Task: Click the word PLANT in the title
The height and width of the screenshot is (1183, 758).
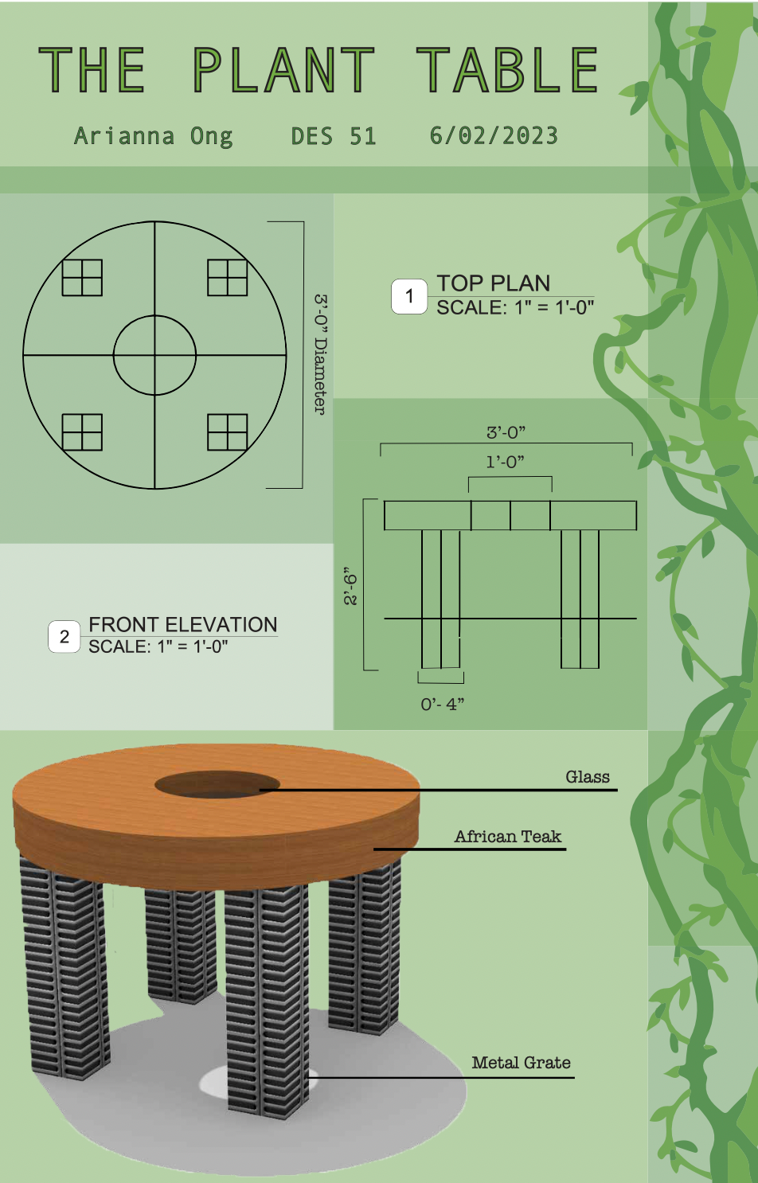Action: click(283, 70)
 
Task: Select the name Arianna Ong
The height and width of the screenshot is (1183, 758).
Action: click(153, 136)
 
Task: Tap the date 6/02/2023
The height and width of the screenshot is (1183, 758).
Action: click(494, 135)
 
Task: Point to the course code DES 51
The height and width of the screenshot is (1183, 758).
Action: click(334, 136)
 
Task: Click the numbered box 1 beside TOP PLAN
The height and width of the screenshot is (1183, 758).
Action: click(408, 296)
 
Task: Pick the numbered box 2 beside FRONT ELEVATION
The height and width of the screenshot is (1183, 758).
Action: click(64, 636)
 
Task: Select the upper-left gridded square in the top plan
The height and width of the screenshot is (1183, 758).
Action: click(82, 277)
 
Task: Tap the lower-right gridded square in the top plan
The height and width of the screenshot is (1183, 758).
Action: click(227, 432)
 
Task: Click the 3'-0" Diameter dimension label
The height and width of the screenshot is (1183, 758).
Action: click(321, 354)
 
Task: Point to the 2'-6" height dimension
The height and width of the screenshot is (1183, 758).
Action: click(350, 586)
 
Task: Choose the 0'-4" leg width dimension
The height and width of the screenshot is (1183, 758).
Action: click(442, 704)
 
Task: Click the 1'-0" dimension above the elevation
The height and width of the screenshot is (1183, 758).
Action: click(505, 462)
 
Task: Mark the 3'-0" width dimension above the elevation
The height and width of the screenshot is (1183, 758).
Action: click(506, 432)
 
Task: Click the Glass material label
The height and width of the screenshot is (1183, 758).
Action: click(588, 777)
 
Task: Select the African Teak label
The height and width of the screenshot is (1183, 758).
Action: click(508, 837)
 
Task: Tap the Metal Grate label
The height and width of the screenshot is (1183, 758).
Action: click(521, 1063)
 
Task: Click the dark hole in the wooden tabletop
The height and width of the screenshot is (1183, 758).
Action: click(217, 784)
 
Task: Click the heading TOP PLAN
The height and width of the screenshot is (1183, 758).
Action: click(494, 283)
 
